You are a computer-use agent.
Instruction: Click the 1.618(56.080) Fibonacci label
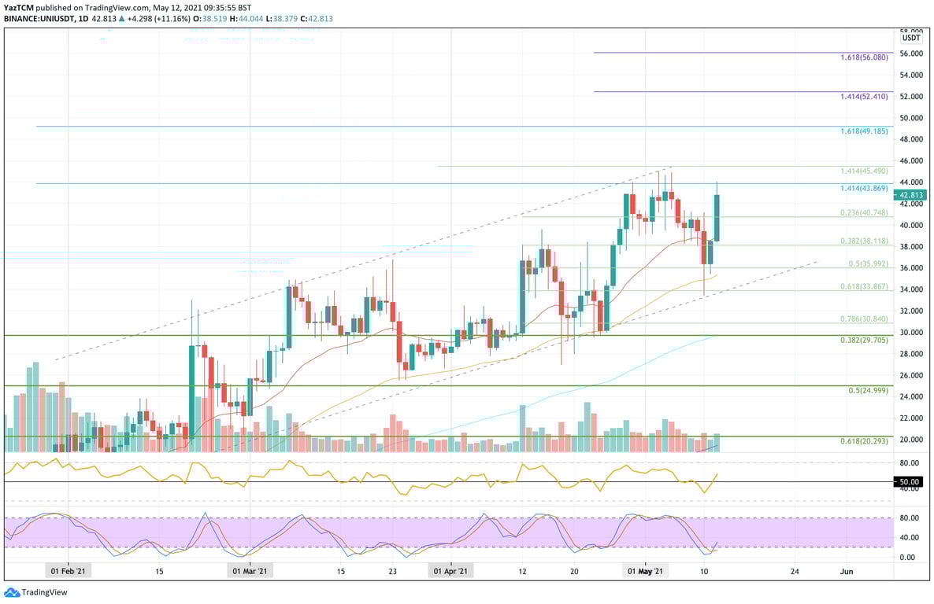[864, 57]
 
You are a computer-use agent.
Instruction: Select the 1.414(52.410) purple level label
[864, 96]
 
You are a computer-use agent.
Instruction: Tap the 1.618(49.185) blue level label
[864, 131]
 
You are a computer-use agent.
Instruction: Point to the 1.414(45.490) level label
[864, 171]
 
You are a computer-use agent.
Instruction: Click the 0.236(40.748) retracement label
[864, 212]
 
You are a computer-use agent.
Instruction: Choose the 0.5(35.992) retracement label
[867, 264]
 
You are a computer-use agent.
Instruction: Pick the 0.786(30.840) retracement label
[864, 319]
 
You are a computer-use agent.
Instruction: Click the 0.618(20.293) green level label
[864, 440]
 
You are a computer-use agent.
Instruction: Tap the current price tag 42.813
[911, 195]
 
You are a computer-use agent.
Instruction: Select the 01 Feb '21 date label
[69, 571]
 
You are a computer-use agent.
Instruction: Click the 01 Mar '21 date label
[249, 571]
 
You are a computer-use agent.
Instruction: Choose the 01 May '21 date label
[645, 571]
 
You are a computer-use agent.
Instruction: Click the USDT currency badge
[911, 38]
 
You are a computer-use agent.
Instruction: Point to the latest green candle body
[717, 218]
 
